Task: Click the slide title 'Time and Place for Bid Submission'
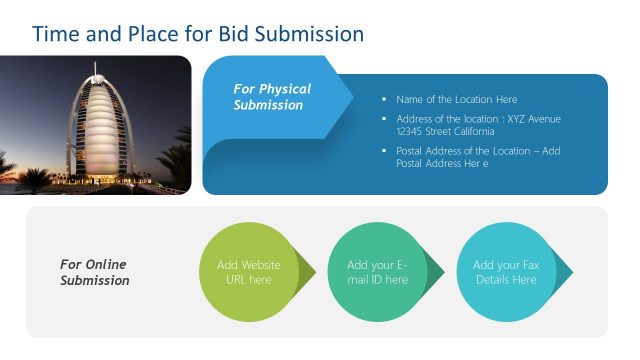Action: tap(198, 34)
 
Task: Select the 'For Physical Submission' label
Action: tap(272, 97)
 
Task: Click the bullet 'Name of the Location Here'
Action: tap(456, 99)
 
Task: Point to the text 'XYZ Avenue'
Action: tap(534, 119)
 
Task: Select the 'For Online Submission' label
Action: tap(94, 272)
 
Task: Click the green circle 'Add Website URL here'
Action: tap(249, 272)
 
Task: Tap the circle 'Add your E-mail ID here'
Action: tap(377, 272)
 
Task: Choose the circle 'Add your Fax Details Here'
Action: tap(505, 272)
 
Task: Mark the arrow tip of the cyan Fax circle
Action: tap(570, 272)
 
